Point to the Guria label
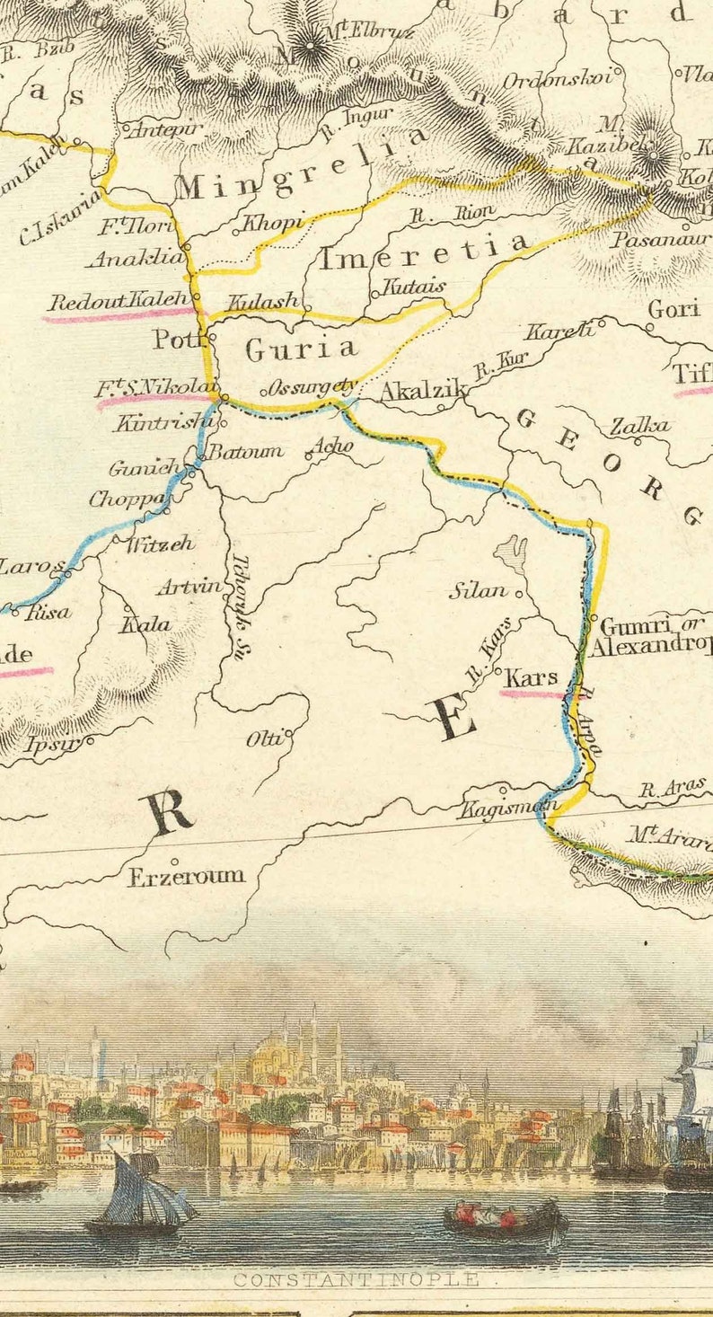click(x=301, y=349)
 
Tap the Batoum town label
click(x=246, y=451)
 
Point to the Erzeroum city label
click(x=186, y=876)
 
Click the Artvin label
click(x=189, y=588)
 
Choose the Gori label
click(x=673, y=309)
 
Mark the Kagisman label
click(x=507, y=808)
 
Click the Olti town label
click(x=268, y=738)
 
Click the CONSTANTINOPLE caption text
click(x=356, y=1280)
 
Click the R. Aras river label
click(x=672, y=790)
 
